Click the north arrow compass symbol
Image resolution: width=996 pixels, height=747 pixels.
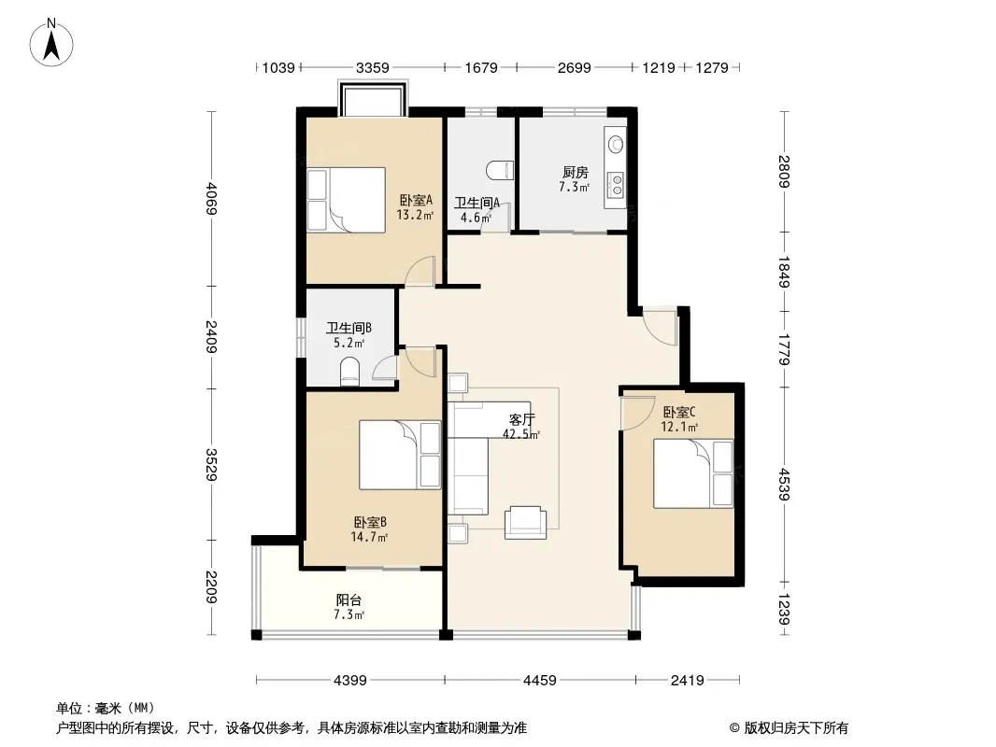[x=51, y=43]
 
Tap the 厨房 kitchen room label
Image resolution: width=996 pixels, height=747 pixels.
[x=575, y=172]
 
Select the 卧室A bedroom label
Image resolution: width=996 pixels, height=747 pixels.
[x=416, y=200]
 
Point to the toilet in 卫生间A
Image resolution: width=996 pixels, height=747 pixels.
[x=499, y=170]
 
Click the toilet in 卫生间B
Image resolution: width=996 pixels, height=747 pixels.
[x=350, y=372]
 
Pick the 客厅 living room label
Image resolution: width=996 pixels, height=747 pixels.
[x=522, y=419]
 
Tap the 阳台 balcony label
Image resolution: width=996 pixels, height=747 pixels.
[x=349, y=599]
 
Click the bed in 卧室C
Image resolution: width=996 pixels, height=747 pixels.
[x=693, y=472]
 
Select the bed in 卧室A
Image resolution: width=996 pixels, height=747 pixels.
[x=347, y=199]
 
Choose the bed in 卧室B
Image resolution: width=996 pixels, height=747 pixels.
[x=400, y=455]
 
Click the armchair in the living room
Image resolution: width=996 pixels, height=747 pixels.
[x=525, y=523]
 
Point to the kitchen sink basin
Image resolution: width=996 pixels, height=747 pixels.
[x=616, y=144]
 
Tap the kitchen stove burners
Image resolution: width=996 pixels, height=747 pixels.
[x=616, y=185]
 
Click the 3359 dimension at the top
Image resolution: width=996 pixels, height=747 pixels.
[x=372, y=67]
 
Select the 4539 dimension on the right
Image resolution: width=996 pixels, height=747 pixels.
[x=785, y=485]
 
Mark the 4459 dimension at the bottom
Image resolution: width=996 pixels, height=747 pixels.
[x=540, y=681]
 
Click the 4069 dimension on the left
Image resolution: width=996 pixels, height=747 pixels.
[x=211, y=199]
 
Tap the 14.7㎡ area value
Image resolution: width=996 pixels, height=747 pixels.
[x=369, y=537]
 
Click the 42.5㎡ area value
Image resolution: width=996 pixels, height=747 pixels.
[x=521, y=435]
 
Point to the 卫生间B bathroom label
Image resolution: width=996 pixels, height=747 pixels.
[x=349, y=328]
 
